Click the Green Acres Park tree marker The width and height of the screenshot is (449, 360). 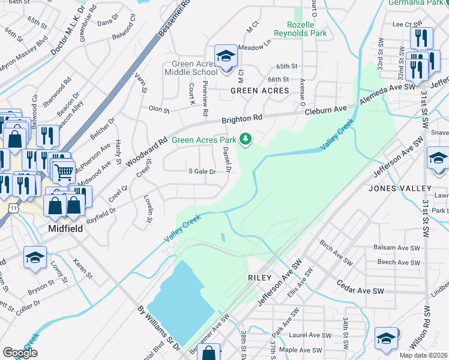(x=245, y=139)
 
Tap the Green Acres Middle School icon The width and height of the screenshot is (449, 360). (x=226, y=58)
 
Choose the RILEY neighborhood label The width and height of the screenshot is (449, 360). (x=259, y=278)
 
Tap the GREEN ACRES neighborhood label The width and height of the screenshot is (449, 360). (x=260, y=91)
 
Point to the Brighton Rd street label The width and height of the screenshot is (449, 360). (x=242, y=119)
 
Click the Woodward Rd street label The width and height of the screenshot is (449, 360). (x=147, y=151)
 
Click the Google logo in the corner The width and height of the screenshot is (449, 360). (x=20, y=353)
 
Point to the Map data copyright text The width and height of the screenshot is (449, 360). (x=423, y=355)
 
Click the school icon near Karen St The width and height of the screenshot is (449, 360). (x=35, y=259)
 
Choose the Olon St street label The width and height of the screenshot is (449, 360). (x=159, y=110)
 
